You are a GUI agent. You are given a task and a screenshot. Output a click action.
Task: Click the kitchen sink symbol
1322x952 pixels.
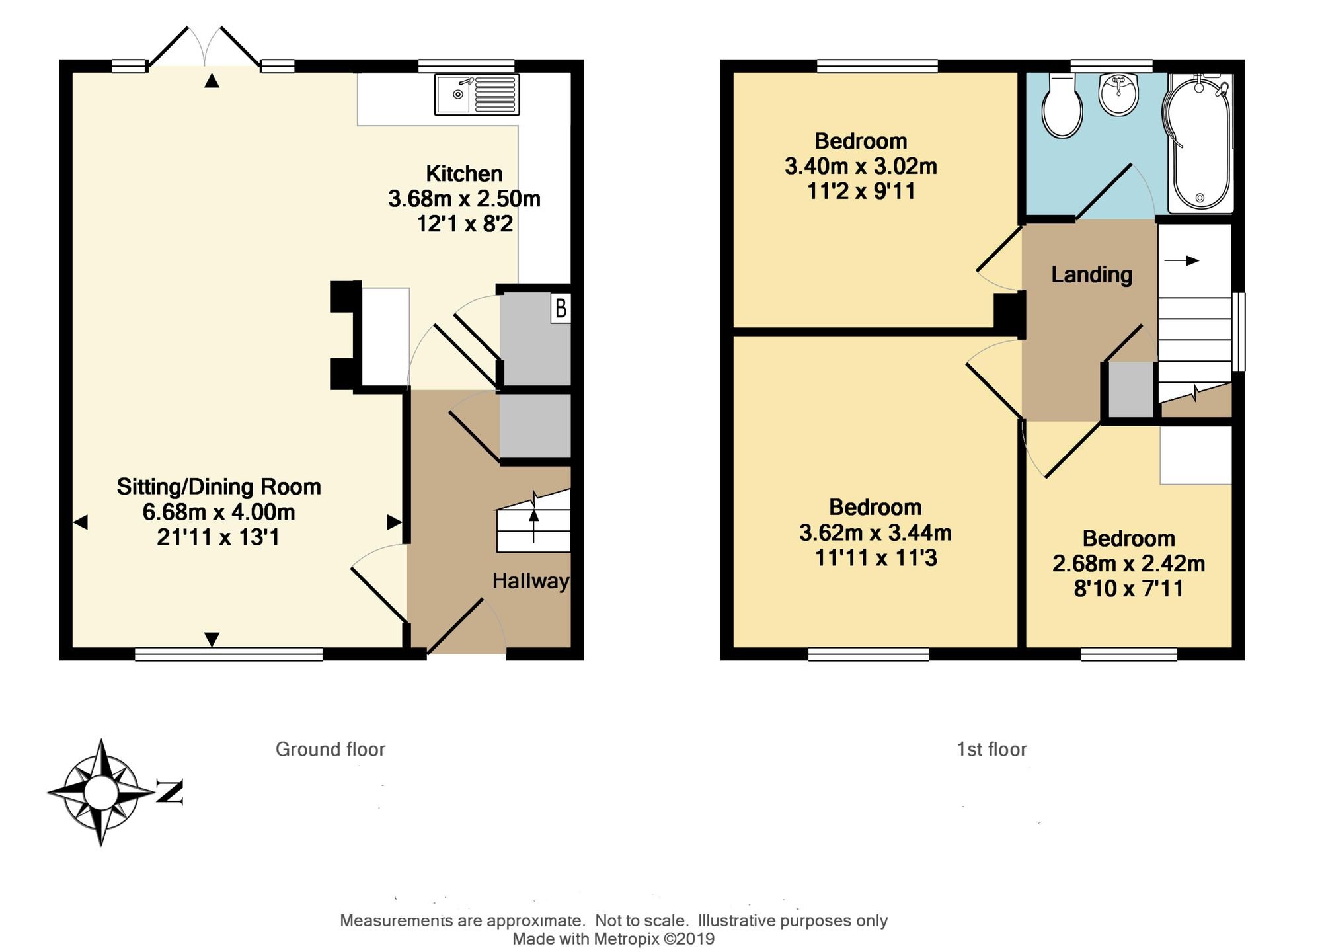pos(477,95)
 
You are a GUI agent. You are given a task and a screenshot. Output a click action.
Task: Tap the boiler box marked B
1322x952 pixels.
pos(561,309)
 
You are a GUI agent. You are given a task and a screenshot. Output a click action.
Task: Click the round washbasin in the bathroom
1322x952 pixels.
pos(1118,94)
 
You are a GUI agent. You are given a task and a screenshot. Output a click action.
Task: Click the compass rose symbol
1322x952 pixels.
pos(101,792)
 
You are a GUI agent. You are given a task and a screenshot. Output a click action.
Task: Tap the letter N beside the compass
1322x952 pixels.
pos(170,791)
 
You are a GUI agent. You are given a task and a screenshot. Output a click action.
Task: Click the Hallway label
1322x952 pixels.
pos(530,581)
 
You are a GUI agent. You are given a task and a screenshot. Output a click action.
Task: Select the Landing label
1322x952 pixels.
pos(1091,274)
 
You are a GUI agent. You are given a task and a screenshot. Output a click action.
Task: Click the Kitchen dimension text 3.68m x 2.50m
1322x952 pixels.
pos(464,198)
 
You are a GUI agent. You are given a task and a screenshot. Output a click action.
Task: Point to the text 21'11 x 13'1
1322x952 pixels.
pos(218,537)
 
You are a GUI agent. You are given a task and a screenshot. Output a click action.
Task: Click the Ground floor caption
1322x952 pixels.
pos(330,749)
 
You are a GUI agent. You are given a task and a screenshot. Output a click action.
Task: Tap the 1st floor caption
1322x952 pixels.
pos(991,749)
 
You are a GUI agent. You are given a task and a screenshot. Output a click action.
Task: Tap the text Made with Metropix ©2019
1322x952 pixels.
pos(613,939)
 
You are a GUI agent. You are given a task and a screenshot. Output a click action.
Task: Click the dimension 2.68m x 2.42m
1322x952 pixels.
pos(1128,563)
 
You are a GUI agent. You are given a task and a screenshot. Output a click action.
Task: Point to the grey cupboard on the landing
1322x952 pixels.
pos(1130,389)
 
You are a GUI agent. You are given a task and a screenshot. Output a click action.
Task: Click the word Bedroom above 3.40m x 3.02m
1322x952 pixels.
pos(861,141)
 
